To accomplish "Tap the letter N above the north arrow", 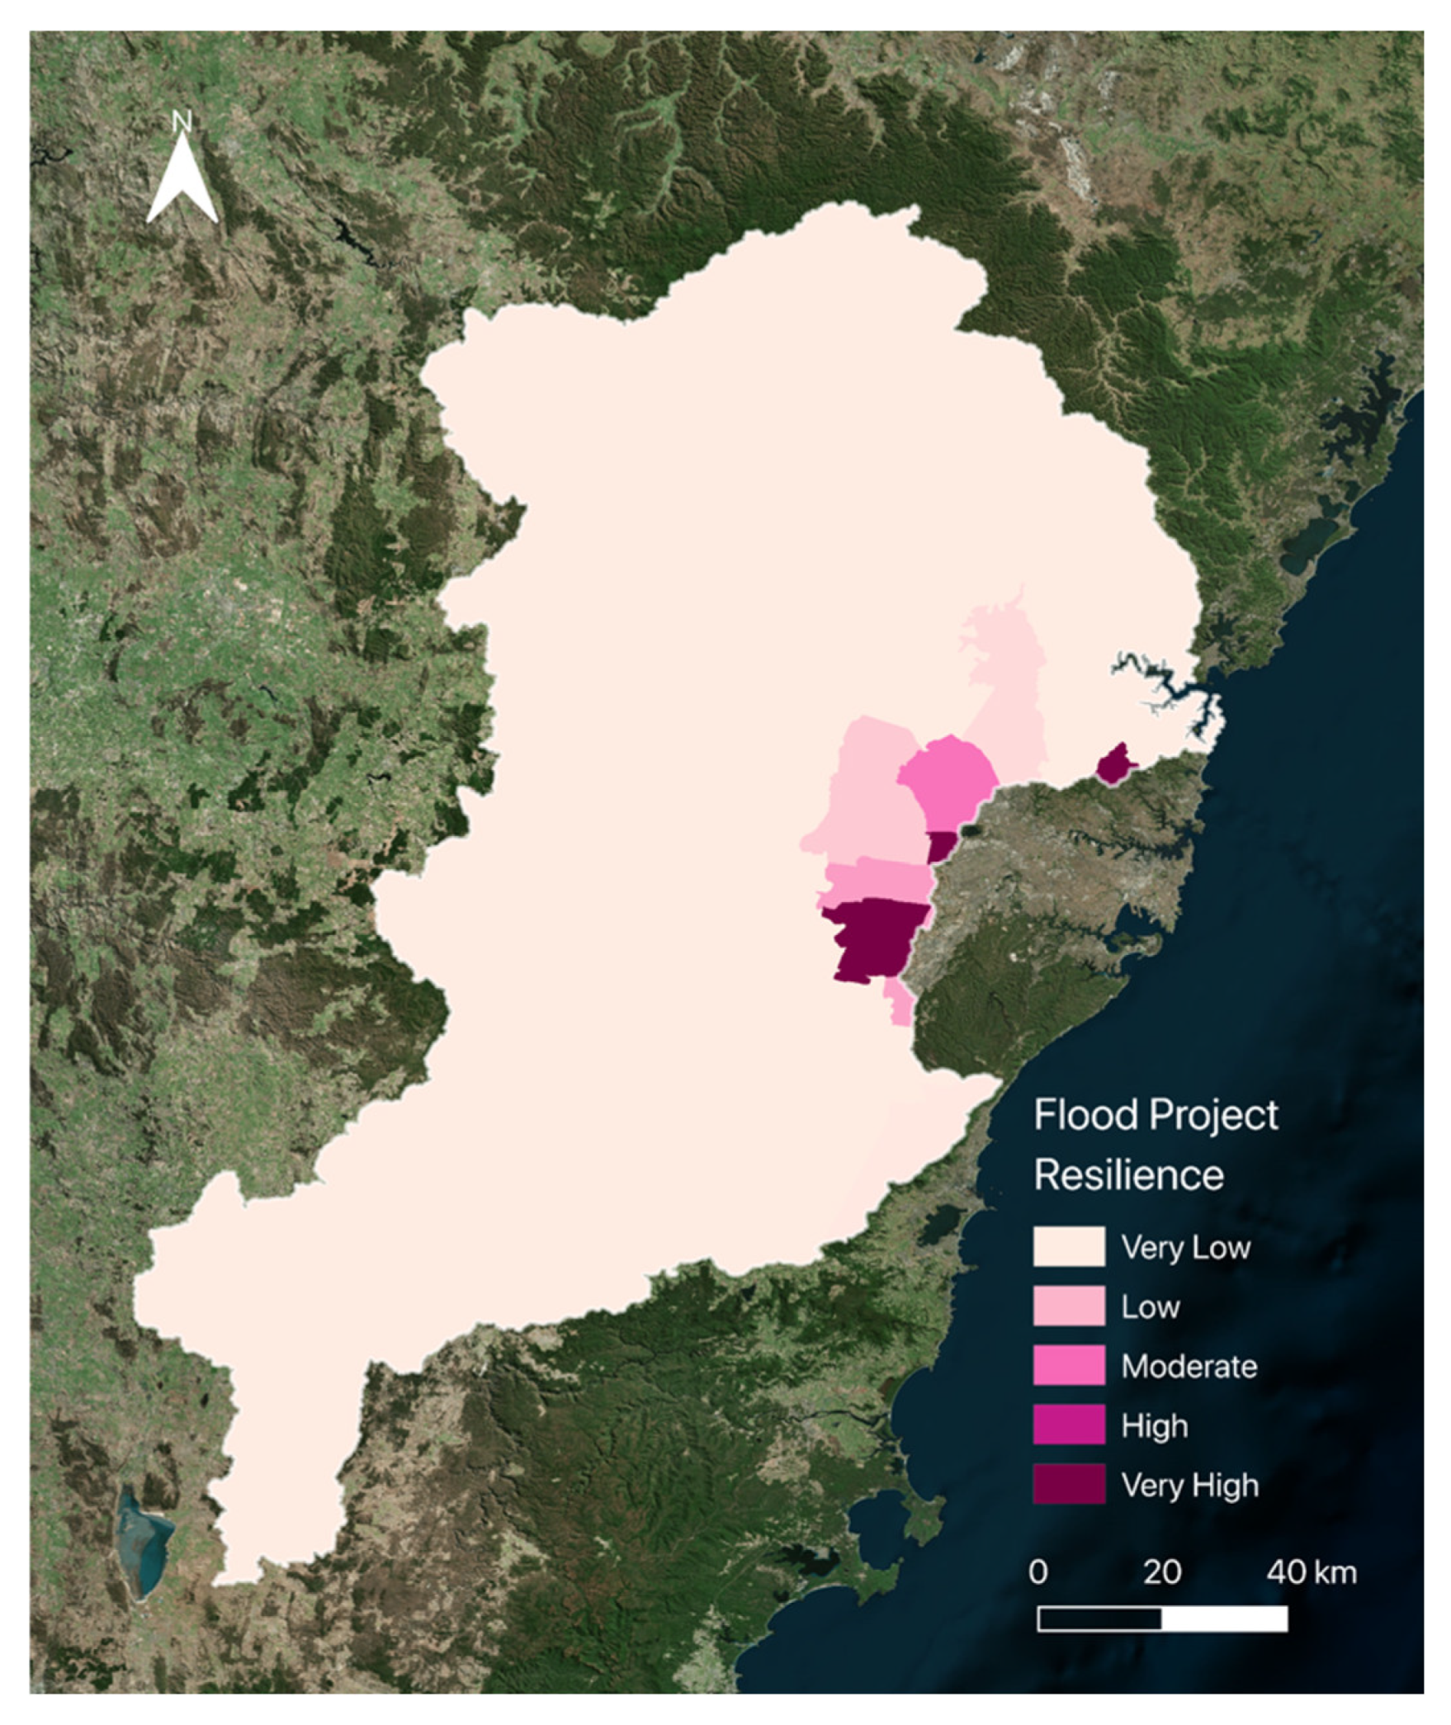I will click(182, 122).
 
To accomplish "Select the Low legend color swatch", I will click(1068, 1305).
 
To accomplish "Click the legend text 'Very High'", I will click(1189, 1485).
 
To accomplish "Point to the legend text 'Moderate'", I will click(1189, 1366).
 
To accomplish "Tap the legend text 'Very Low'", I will click(1185, 1246).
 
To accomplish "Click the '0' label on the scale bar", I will click(1038, 1571).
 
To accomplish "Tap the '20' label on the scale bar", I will click(1161, 1571).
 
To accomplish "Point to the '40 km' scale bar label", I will click(1311, 1571).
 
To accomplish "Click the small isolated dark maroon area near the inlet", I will click(1114, 764).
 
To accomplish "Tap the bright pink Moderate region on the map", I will click(948, 776).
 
